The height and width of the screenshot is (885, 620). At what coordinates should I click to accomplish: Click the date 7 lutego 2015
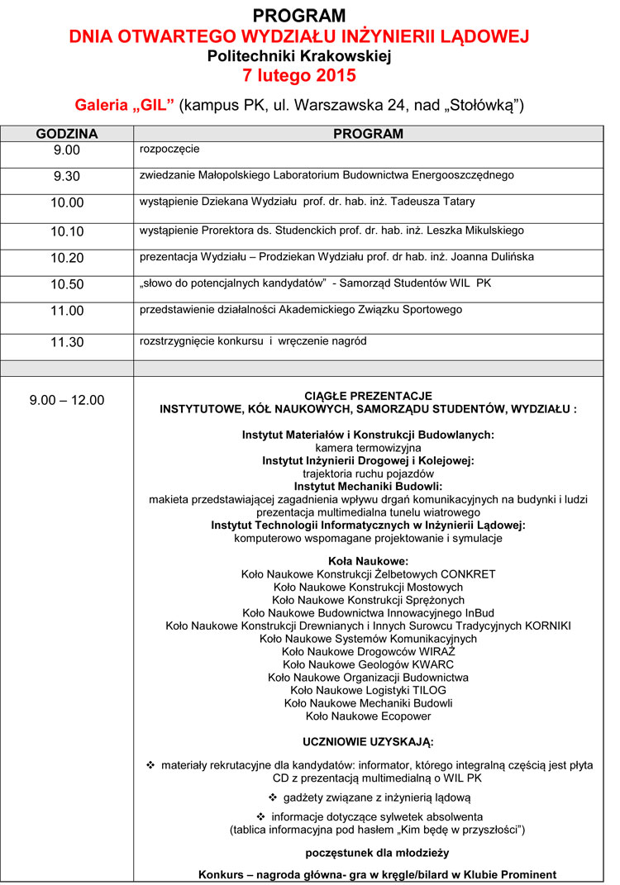(x=299, y=77)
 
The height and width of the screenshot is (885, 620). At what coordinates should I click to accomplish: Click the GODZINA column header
(x=67, y=134)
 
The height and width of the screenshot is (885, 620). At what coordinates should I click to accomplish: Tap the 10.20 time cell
(x=67, y=258)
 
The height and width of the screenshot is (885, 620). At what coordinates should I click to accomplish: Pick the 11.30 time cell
(x=67, y=342)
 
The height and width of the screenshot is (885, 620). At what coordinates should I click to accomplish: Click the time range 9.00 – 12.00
(x=67, y=400)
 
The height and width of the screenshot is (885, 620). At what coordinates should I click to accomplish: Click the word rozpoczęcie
(x=169, y=150)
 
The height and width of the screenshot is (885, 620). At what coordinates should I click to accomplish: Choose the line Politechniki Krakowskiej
(x=299, y=56)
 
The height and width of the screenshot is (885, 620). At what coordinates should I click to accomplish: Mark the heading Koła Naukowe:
(x=368, y=561)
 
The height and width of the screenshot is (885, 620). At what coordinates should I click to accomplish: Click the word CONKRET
(x=468, y=574)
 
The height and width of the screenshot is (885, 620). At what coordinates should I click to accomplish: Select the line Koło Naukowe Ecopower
(x=368, y=716)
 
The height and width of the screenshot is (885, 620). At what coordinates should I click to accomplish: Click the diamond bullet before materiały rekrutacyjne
(x=150, y=765)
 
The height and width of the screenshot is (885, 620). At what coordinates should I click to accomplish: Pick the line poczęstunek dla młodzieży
(x=368, y=852)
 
